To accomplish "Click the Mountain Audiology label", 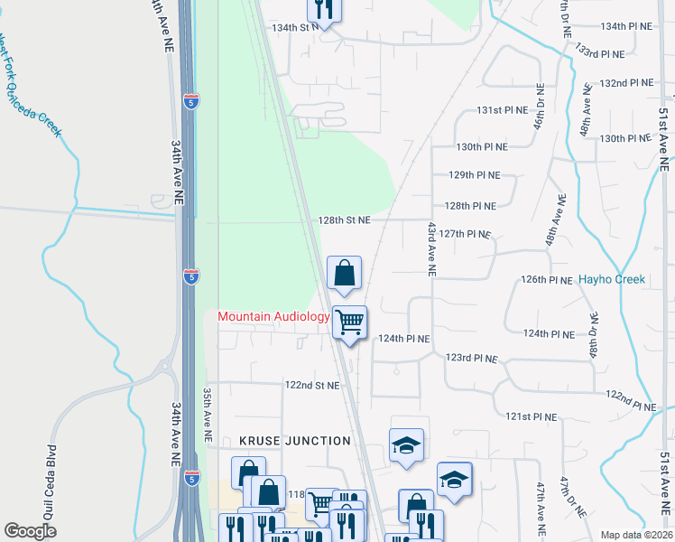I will (273, 316).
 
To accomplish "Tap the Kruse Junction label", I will (295, 441).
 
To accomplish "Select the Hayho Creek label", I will (612, 279).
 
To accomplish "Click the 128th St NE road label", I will (344, 220).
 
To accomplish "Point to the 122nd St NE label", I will (312, 385).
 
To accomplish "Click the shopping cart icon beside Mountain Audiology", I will (349, 321).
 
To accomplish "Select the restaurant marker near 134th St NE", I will (324, 10).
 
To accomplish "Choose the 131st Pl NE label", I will (502, 110).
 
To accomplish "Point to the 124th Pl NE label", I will (404, 339).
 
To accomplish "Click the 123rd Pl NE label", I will (471, 359).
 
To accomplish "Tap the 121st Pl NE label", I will (532, 417).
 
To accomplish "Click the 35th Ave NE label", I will (207, 415).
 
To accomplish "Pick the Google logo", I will (31, 530).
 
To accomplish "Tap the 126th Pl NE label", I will (547, 280).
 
